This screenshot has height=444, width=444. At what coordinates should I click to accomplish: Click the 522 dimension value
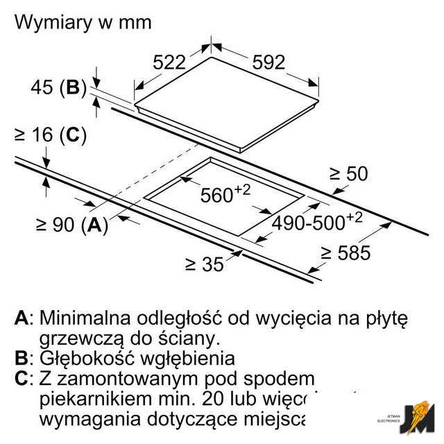coord(169,62)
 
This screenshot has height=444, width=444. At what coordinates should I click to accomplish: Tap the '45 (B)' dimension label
coord(58,88)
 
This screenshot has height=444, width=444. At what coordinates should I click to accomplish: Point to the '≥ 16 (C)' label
coord(50,136)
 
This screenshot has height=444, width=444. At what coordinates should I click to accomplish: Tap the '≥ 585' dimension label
coord(345,253)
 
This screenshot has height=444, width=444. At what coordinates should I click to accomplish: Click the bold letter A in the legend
coord(22,318)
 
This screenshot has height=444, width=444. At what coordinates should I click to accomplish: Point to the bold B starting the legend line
coord(22,359)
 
